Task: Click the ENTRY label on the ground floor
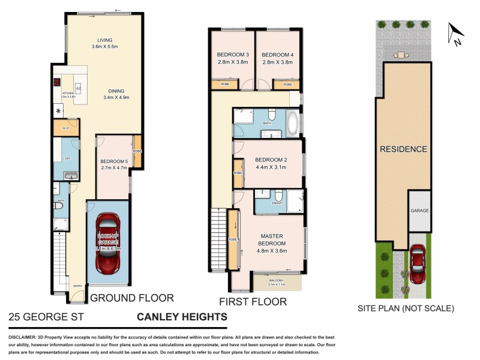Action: click(77, 286)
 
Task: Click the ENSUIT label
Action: click(277, 203)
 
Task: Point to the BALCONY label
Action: click(277, 280)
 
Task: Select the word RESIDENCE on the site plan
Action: click(403, 149)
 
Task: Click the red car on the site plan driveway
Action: click(418, 265)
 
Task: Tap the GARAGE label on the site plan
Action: click(419, 211)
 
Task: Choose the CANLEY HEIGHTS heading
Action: click(182, 317)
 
